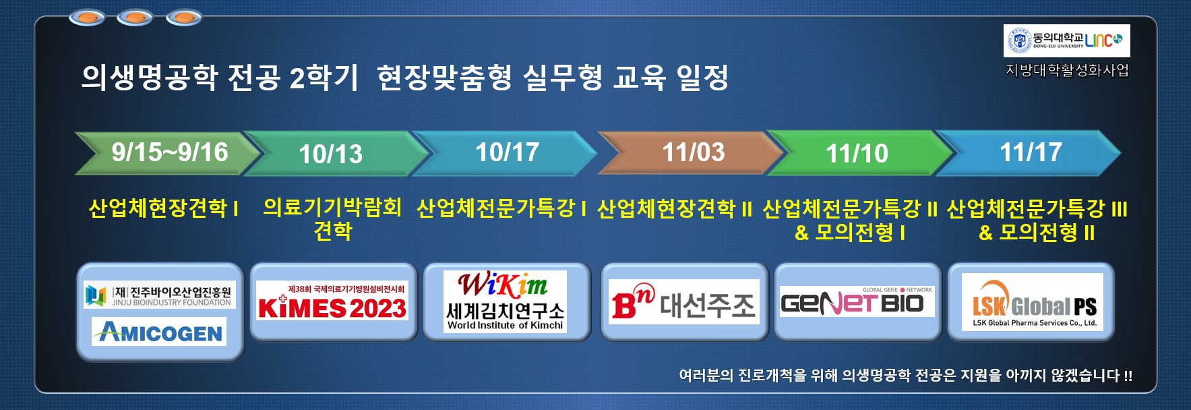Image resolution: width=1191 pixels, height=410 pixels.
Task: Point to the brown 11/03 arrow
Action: click(x=691, y=153)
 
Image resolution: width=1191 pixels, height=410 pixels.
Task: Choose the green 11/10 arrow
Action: click(x=859, y=153)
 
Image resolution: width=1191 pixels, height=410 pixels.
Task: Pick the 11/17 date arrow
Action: click(x=1028, y=153)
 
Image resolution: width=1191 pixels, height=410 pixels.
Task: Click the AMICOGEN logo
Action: click(x=159, y=331)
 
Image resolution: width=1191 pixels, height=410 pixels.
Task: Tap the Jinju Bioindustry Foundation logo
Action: click(x=160, y=295)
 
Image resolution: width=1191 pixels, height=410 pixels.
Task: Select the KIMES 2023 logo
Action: click(x=332, y=301)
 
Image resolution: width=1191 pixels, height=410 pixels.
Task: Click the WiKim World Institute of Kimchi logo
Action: click(x=506, y=301)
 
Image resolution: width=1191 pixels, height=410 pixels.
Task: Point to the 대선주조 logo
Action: click(x=683, y=301)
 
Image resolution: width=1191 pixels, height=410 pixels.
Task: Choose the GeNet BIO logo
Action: click(x=857, y=301)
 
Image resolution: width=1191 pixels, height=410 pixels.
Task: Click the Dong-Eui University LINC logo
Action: click(x=1067, y=41)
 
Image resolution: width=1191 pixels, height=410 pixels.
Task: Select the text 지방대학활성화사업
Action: click(x=1067, y=70)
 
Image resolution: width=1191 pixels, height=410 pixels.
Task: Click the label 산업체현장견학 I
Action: click(x=164, y=208)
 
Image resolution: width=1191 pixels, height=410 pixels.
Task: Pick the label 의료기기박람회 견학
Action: click(x=332, y=218)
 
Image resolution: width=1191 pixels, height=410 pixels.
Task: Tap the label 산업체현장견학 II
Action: click(x=675, y=208)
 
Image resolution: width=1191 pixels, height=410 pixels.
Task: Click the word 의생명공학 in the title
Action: click(x=149, y=78)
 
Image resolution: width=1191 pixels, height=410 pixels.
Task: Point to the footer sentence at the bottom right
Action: click(x=906, y=376)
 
